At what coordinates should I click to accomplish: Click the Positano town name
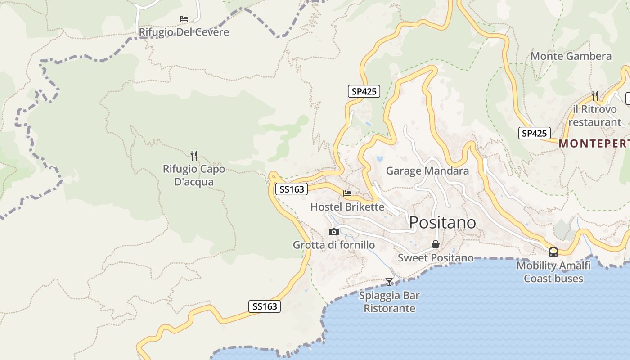click(x=442, y=222)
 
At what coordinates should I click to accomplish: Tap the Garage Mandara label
click(x=427, y=171)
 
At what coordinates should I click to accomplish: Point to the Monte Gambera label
click(x=571, y=56)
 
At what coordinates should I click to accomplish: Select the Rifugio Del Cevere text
click(x=184, y=32)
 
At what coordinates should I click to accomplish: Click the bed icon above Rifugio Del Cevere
click(x=184, y=19)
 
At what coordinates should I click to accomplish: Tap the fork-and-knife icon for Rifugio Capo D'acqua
click(x=194, y=156)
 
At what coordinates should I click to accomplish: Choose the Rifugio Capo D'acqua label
click(x=194, y=175)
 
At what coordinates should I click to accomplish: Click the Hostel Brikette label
click(x=347, y=207)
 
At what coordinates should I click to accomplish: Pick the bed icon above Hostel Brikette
click(x=347, y=193)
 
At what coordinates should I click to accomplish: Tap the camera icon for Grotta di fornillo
click(x=333, y=232)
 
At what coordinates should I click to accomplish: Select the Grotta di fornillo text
click(x=333, y=245)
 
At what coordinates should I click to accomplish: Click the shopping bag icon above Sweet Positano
click(x=435, y=244)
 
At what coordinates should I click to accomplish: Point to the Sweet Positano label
click(x=436, y=258)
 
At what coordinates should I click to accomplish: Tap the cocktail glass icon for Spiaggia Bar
click(x=389, y=282)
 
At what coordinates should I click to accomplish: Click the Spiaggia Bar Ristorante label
click(x=389, y=302)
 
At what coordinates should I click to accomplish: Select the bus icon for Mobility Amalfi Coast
click(x=553, y=252)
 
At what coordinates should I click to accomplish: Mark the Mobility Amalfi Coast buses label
click(x=553, y=272)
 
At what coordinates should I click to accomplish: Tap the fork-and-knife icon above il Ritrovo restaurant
click(x=595, y=95)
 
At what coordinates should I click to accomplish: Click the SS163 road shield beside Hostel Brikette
click(x=292, y=189)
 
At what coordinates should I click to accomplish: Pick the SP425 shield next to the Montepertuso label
click(x=535, y=133)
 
